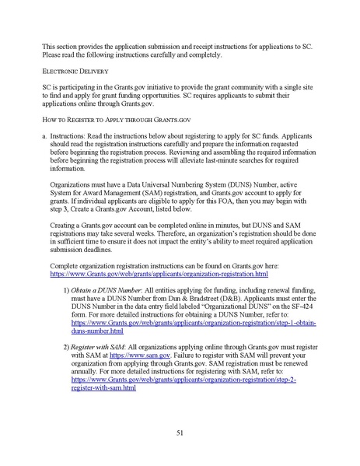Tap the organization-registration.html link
pos(159,274)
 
